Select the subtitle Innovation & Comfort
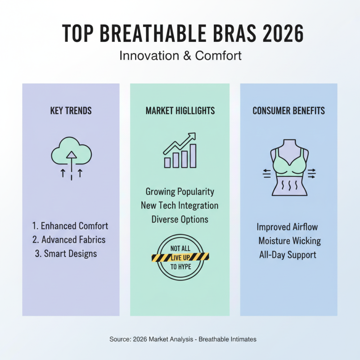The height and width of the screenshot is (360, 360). [180, 56]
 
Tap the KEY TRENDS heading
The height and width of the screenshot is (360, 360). [71, 111]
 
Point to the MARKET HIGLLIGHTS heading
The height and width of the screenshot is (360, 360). [180, 111]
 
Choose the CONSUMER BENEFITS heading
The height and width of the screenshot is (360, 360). [288, 111]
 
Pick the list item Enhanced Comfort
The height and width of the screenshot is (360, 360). [71, 226]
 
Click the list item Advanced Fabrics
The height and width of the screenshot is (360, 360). [71, 239]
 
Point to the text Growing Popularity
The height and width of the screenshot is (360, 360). [180, 192]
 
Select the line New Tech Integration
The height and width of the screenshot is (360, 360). [180, 206]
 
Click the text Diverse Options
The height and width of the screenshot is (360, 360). [180, 219]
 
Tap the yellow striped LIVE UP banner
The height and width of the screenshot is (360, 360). [180, 257]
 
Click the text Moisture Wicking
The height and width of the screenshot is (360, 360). [289, 241]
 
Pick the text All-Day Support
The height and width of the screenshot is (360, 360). [288, 255]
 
